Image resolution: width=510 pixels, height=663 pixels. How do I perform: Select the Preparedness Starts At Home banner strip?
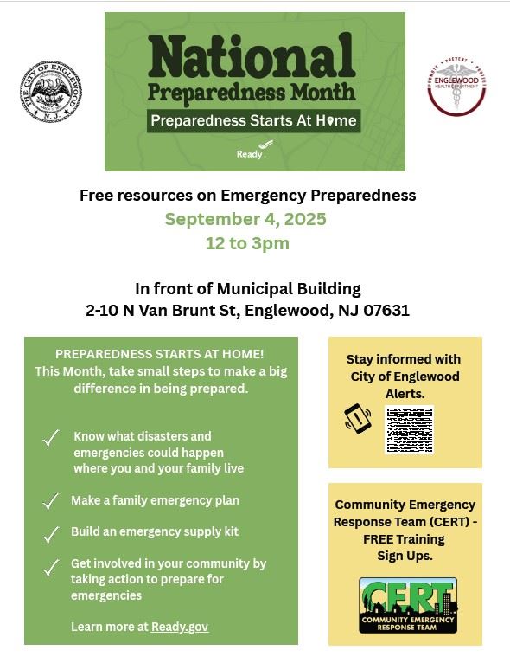coord(252,119)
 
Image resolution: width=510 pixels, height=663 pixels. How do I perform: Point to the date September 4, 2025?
coord(245,219)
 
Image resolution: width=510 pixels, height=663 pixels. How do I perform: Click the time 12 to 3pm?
coord(247,243)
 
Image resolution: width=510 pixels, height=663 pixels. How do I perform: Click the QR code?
coord(408,430)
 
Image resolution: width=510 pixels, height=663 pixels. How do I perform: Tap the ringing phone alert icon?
coord(357,419)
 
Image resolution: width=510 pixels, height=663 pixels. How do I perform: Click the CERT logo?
coord(408,605)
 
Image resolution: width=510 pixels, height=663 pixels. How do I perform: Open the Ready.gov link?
coord(179,627)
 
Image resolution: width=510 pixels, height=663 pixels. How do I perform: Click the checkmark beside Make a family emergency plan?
coord(52,501)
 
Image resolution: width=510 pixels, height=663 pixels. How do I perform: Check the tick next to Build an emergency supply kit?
coord(52,533)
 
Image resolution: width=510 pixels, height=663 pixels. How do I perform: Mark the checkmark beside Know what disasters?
coord(52,439)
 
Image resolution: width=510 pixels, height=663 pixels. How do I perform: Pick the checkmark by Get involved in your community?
coord(52,568)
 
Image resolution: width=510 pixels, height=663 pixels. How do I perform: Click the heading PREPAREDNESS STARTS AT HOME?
coord(160,355)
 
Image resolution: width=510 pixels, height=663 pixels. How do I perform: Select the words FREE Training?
coord(405,539)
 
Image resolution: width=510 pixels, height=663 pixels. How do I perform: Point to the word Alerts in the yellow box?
coord(405,393)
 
